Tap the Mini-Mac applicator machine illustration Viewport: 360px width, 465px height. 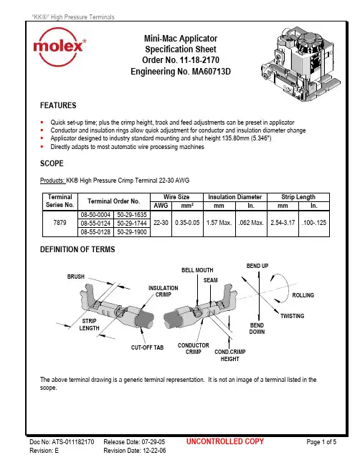pos(300,64)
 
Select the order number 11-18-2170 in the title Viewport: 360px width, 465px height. pos(199,60)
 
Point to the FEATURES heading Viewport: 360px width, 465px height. pos(58,105)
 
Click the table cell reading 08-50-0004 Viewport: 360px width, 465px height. pos(95,215)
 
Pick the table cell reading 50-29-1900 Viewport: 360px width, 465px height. pos(132,232)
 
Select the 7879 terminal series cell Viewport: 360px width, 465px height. pos(60,223)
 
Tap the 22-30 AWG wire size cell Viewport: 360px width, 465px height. pos(161,223)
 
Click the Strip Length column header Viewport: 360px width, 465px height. pos(298,197)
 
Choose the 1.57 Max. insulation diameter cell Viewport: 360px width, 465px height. pos(219,223)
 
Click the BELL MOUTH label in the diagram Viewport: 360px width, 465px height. pos(197,270)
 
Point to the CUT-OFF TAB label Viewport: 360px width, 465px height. pos(147,347)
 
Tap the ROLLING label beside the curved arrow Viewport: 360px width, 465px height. pos(303,295)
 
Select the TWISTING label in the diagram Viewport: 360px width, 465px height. pos(293,316)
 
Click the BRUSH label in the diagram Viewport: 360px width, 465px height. pos(76,277)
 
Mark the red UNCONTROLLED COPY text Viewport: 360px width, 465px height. pos(225,441)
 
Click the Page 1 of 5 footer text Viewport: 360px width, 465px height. pos(321,442)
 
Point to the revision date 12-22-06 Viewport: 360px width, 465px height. pos(154,451)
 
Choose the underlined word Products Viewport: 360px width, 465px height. pos(52,181)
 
